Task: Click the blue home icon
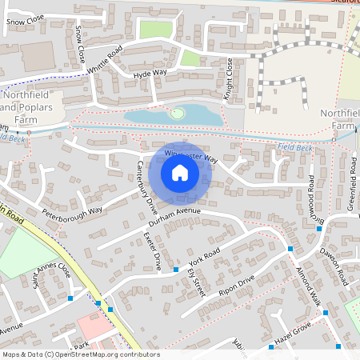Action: (180, 174)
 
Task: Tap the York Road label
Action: (204, 258)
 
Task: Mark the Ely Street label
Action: (197, 282)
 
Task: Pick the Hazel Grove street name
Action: (291, 329)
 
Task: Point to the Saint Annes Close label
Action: (51, 284)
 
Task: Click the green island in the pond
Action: (175, 114)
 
